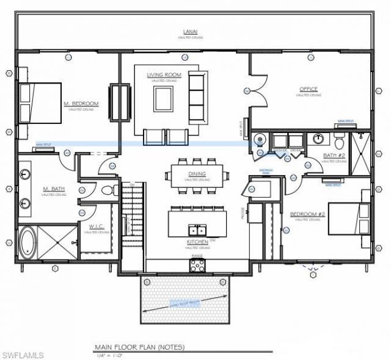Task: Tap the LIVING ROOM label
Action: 162,75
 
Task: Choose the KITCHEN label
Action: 198,242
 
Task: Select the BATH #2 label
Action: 334,156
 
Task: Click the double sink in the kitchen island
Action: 196,230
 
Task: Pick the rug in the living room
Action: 163,98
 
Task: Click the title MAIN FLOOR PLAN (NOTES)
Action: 139,347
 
